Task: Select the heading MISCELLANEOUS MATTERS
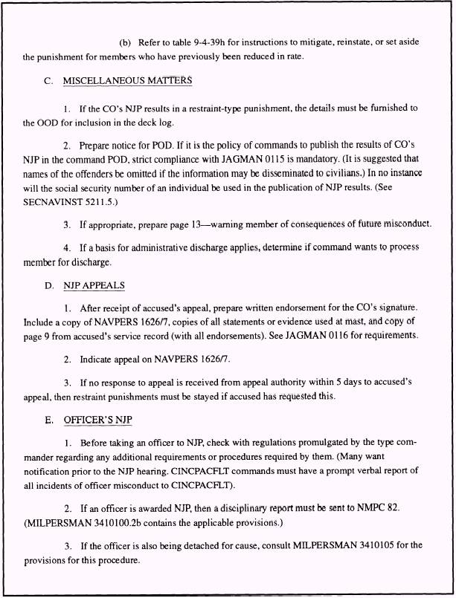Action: [x=128, y=80]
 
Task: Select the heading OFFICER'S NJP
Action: [x=97, y=420]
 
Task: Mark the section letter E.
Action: [x=48, y=420]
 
